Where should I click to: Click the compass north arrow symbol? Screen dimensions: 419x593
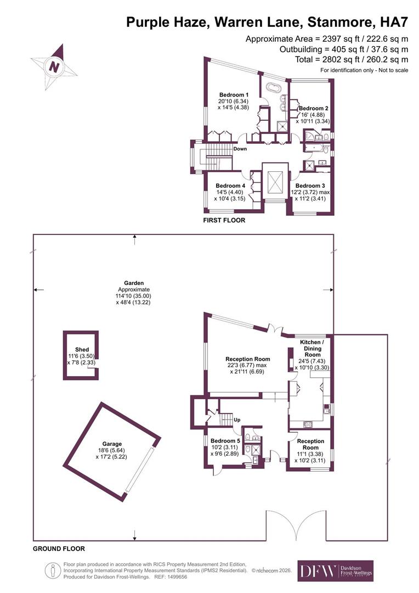click(x=54, y=66)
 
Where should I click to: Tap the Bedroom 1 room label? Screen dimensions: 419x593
click(x=234, y=94)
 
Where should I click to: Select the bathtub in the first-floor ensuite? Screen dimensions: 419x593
click(x=274, y=88)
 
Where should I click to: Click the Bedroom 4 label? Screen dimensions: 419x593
click(x=230, y=186)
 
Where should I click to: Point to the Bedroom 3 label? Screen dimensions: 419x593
click(x=310, y=186)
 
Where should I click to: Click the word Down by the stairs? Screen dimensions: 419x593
click(x=240, y=149)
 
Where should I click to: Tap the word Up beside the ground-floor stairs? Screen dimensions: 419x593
click(x=237, y=420)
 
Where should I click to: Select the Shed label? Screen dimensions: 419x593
click(x=82, y=349)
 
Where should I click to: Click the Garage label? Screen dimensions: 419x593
click(x=112, y=444)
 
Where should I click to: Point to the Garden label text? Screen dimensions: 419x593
click(x=134, y=283)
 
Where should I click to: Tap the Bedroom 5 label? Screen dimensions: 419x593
click(x=225, y=440)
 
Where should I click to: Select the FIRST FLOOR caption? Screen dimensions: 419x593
click(x=224, y=220)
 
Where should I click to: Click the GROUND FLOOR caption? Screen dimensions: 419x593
click(x=59, y=549)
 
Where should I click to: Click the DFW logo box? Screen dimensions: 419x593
click(x=336, y=570)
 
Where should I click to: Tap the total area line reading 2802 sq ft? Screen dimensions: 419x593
click(x=352, y=59)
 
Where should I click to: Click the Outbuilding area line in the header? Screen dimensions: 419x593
click(x=344, y=49)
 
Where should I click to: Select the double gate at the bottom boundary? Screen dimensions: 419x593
click(x=296, y=525)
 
